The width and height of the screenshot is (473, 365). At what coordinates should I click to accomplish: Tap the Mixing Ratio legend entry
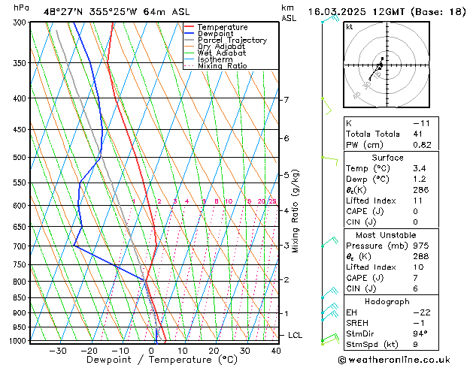[222, 65]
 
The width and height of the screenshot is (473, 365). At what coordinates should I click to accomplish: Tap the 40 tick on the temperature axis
[276, 350]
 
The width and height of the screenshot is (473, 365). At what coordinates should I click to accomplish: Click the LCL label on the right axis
[295, 335]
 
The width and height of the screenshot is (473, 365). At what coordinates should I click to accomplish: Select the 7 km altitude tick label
[286, 100]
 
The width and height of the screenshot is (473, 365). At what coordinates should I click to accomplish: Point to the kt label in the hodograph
[349, 27]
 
